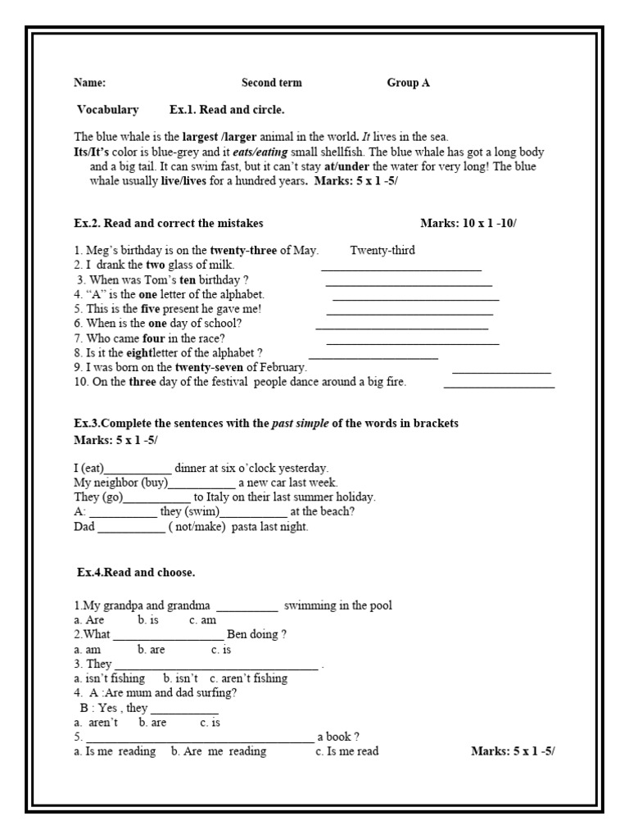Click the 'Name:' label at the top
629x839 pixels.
click(x=89, y=83)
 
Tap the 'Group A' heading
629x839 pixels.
click(x=408, y=83)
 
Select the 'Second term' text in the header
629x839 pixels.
click(x=271, y=83)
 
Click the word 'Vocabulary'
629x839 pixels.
click(x=108, y=110)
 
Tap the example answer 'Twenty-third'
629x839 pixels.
click(x=382, y=251)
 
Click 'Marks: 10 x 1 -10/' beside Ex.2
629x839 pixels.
click(x=468, y=223)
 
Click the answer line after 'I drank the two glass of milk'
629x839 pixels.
click(x=401, y=268)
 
